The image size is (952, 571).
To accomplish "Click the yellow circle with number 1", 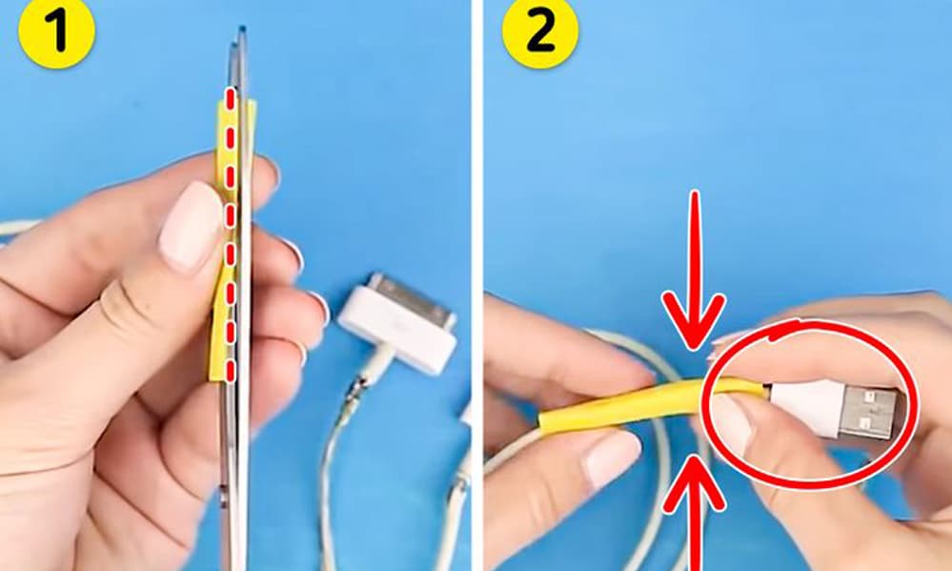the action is [56, 31].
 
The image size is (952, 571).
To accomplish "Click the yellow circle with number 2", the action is [539, 31].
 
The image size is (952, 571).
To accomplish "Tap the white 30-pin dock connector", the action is [397, 322].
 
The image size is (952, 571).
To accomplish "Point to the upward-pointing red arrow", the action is [695, 513].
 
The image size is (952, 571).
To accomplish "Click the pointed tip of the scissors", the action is [242, 29].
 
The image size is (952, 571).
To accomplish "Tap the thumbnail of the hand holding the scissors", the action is [190, 225].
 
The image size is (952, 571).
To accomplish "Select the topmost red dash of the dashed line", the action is [230, 100].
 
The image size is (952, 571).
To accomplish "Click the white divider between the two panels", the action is [477, 286].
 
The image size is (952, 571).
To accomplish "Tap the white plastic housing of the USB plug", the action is [797, 407].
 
